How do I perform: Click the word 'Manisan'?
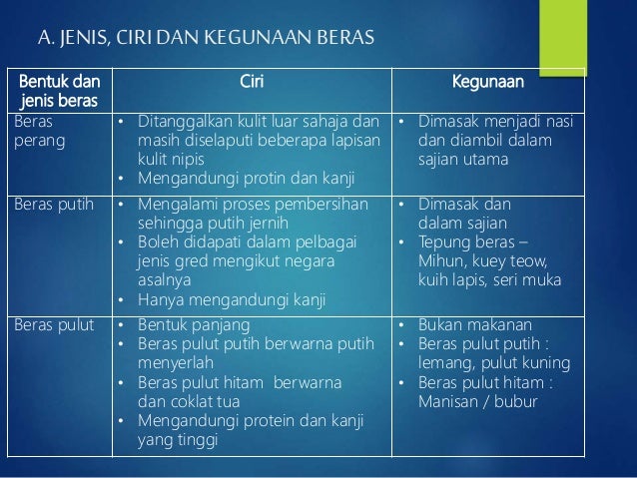[x=448, y=402]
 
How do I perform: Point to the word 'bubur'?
[x=517, y=402]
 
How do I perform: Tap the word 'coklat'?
[x=195, y=402]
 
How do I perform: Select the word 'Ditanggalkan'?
[x=183, y=123]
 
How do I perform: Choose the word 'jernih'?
[x=271, y=224]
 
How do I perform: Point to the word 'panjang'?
[x=215, y=325]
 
